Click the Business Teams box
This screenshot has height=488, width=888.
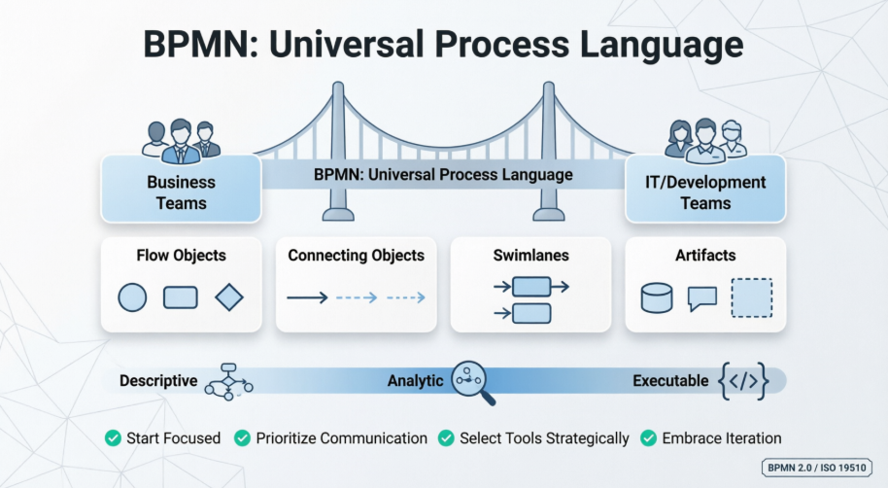(181, 191)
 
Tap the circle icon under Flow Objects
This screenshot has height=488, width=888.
(132, 296)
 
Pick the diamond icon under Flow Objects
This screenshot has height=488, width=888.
(229, 296)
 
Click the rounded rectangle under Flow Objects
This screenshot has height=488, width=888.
(181, 296)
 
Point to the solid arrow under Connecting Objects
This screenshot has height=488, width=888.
(307, 297)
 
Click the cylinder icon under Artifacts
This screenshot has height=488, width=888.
(657, 297)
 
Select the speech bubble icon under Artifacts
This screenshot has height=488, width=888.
(701, 297)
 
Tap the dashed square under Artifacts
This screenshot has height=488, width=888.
(751, 297)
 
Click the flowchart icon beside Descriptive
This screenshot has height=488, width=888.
(228, 381)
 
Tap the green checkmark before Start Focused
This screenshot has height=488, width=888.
(114, 438)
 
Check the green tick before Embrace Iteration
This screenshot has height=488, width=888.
(648, 438)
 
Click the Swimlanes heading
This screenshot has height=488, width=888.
(530, 256)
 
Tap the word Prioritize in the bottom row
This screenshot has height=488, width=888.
(290, 438)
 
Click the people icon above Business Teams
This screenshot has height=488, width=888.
(181, 140)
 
